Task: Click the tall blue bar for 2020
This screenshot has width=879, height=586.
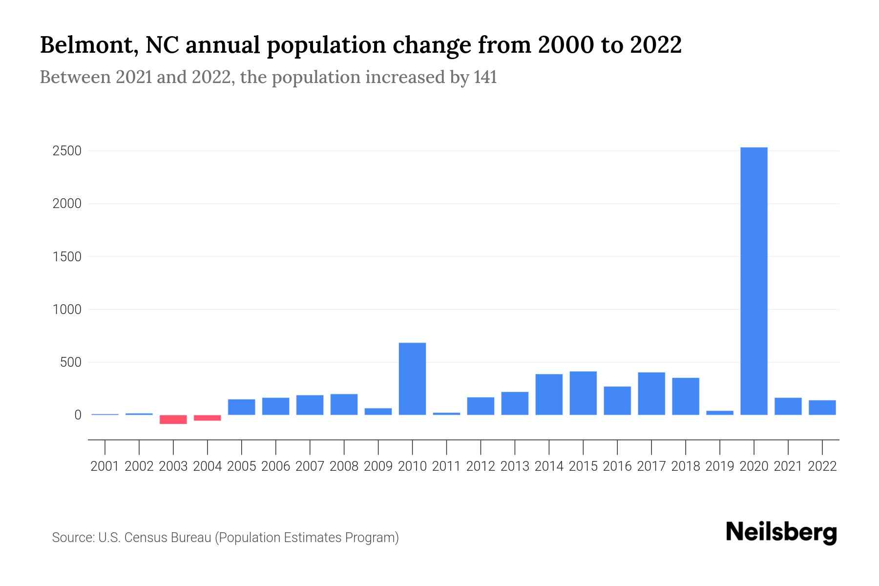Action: tap(753, 281)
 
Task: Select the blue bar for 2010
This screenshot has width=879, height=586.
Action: tap(412, 378)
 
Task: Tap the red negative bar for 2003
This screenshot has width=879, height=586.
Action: tap(173, 419)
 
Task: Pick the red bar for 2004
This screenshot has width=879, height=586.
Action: tap(208, 418)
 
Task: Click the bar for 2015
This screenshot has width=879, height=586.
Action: tap(583, 393)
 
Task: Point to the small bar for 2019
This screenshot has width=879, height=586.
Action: tap(720, 413)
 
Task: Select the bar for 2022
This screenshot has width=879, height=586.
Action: tap(822, 408)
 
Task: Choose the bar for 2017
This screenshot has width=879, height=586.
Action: tap(651, 394)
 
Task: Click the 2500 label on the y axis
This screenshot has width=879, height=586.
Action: tap(67, 151)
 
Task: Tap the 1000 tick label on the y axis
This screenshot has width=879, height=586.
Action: tap(67, 310)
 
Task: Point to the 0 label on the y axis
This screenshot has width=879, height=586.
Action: tap(77, 415)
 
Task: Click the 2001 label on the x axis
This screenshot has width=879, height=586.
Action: tap(105, 466)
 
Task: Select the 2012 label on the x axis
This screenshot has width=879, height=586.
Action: tap(481, 466)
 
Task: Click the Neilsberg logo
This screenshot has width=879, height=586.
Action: tap(781, 533)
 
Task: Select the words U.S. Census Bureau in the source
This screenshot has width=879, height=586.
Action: tap(154, 538)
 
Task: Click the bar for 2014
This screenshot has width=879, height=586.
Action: tap(549, 395)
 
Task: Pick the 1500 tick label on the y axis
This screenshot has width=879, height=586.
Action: tap(67, 257)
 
